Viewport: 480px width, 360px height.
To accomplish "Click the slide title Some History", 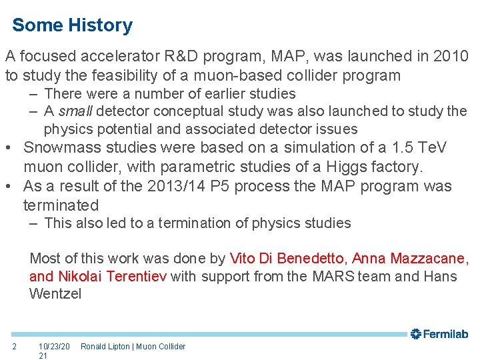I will click(72, 25).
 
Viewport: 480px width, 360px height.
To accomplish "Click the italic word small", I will click(75, 111).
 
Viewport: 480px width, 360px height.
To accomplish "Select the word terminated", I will click(61, 205).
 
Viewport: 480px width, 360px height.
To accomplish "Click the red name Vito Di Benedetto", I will click(287, 258).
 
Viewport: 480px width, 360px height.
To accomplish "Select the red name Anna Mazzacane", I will click(409, 258).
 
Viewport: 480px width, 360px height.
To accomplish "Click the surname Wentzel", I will click(55, 294).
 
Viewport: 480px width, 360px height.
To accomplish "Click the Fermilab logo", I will click(440, 334).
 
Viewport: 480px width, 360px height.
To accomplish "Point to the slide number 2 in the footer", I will click(14, 346).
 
